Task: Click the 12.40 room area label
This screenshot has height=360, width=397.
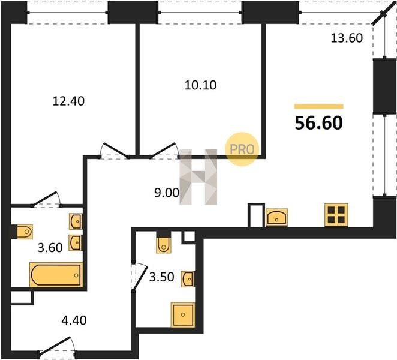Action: click(x=68, y=101)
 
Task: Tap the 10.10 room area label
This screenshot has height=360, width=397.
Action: click(x=200, y=85)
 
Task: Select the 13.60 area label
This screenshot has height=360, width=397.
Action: click(x=347, y=38)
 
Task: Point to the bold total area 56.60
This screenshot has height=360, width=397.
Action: click(x=319, y=123)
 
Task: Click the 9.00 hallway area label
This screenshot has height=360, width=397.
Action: click(x=167, y=193)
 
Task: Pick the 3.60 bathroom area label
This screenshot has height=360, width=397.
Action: click(x=50, y=248)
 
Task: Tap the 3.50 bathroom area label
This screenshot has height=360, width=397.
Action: click(x=161, y=277)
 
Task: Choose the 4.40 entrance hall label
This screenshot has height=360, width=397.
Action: click(x=74, y=320)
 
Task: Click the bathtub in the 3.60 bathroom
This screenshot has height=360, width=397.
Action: click(x=56, y=275)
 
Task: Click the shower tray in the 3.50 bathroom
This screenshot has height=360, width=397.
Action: click(x=183, y=315)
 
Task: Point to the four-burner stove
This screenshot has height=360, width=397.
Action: click(x=336, y=215)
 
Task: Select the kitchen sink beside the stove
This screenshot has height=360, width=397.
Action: click(x=276, y=217)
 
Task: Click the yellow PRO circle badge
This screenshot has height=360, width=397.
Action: click(x=242, y=149)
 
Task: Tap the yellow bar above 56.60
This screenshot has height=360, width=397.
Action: click(x=319, y=106)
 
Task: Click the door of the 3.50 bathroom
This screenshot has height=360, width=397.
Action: click(x=139, y=277)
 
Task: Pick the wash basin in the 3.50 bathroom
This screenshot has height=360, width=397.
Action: click(x=188, y=279)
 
